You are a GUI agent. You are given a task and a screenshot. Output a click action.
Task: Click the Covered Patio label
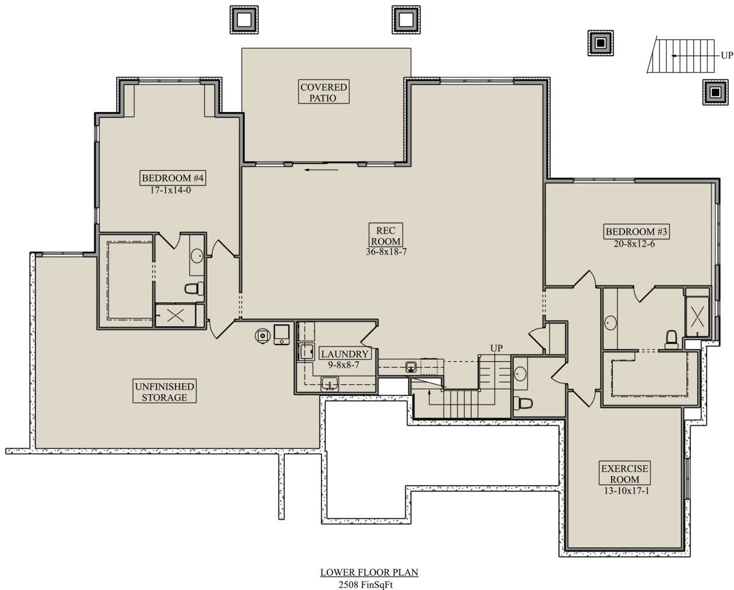324,92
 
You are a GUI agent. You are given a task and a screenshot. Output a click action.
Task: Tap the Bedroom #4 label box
172,178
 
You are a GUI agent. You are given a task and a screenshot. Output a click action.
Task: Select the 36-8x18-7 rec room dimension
386,252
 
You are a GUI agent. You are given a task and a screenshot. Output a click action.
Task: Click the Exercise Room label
625,474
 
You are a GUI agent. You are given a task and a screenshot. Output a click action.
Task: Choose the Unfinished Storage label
165,392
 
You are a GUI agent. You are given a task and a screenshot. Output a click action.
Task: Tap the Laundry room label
344,354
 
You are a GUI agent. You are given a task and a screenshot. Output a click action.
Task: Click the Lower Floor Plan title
369,572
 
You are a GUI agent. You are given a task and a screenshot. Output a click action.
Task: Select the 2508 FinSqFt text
366,585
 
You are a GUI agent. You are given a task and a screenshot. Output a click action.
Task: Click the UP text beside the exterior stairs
727,55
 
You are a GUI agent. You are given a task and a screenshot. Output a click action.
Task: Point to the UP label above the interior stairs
496,348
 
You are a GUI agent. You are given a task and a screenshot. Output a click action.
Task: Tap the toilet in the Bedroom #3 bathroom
672,339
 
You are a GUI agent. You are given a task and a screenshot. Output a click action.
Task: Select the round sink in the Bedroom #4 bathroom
197,256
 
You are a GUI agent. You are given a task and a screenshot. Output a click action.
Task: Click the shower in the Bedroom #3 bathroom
697,316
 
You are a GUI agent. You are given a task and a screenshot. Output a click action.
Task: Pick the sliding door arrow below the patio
321,170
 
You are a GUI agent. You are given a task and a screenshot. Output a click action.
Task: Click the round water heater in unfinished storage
262,336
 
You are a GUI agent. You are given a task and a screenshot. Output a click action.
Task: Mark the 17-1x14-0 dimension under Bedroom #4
171,190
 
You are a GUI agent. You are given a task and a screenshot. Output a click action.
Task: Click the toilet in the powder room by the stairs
523,403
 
